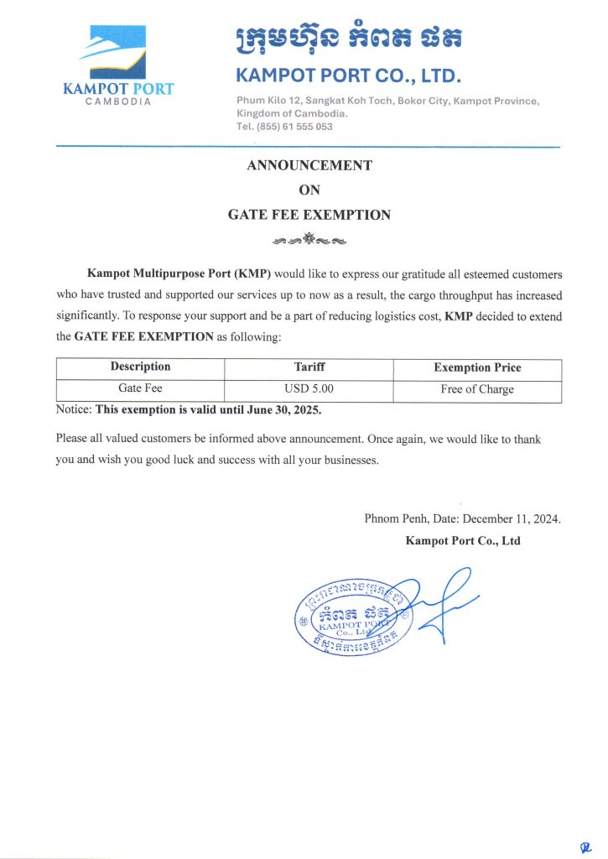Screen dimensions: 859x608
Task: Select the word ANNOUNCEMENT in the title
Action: coord(309,165)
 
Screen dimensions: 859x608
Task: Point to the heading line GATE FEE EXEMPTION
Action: coord(309,215)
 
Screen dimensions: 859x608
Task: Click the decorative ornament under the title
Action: coord(309,241)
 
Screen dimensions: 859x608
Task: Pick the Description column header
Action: coord(140,367)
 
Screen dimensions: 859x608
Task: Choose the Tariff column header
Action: coord(309,367)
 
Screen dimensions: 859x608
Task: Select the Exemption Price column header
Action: coord(477,367)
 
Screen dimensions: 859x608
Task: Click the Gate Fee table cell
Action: coord(140,388)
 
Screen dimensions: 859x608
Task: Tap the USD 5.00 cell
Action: coord(309,388)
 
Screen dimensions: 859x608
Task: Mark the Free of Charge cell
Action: coord(477,389)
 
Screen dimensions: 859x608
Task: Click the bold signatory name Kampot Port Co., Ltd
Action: coord(463,541)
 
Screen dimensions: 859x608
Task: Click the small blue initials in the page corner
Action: coord(586,847)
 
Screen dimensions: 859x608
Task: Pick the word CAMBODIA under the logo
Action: coord(118,102)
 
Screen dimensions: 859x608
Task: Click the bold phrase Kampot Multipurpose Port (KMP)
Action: coord(179,274)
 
